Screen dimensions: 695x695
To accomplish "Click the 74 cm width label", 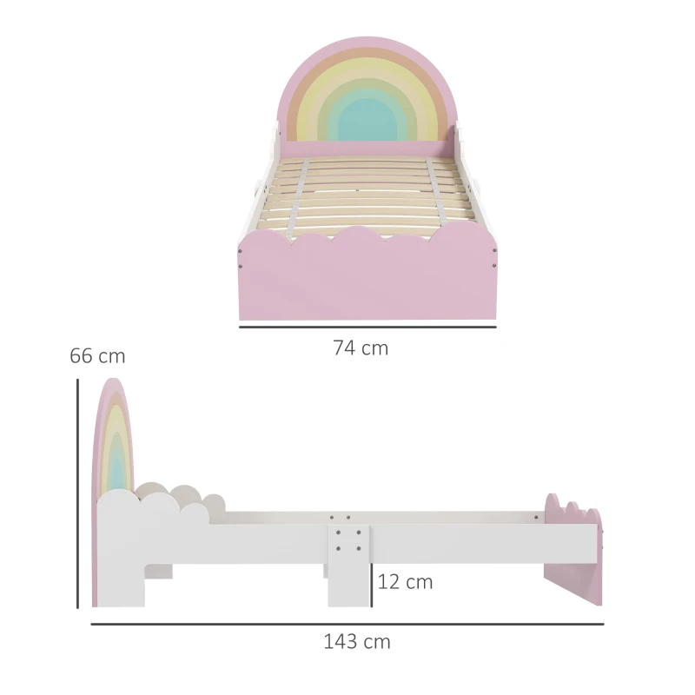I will coord(361,348).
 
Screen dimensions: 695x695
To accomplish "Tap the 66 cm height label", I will coord(97,356).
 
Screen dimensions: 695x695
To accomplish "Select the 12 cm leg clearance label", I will coord(405,582).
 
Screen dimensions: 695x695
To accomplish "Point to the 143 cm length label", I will coord(357,642).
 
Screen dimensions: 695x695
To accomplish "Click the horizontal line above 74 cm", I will coord(367,328).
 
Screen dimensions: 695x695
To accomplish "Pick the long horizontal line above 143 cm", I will coord(347,623).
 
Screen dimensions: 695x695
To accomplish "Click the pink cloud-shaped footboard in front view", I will coord(366,274).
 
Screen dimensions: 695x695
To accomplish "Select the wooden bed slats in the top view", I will coord(366,191).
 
